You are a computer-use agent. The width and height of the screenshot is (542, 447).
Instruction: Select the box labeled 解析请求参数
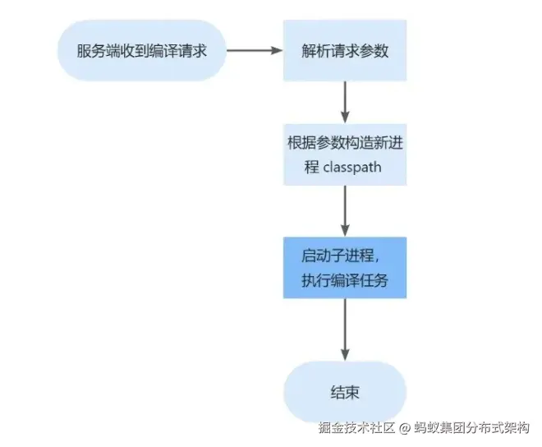[x=345, y=50]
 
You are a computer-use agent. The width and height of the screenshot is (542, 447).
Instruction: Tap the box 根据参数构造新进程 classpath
[x=345, y=154]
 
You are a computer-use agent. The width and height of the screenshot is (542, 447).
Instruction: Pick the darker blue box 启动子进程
[x=345, y=268]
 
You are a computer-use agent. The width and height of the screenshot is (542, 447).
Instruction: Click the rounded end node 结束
[x=345, y=392]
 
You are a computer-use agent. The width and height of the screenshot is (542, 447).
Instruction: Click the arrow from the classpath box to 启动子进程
[x=345, y=210]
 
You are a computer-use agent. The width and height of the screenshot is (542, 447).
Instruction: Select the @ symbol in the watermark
[x=406, y=428]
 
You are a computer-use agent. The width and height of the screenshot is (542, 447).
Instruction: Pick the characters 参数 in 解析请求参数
[x=374, y=50]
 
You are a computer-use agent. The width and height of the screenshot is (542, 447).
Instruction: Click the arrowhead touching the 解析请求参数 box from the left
[x=278, y=50]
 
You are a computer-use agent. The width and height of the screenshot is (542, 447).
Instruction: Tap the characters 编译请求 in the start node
[x=172, y=50]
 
